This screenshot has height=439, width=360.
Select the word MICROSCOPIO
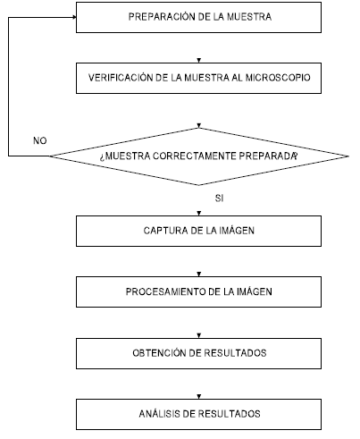278,78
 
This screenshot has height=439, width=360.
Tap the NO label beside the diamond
40,140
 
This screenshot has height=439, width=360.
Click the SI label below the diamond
219,198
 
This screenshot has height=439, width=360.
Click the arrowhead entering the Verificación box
199,61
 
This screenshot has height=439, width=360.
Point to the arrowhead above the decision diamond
199,125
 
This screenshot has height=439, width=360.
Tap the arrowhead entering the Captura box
199,214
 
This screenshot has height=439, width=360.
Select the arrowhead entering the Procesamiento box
199,274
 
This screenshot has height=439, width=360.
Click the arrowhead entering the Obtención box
199,336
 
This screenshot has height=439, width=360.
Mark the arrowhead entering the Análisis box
199,397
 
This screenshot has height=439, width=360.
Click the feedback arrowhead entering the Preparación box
74,17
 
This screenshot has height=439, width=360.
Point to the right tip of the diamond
348,156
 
